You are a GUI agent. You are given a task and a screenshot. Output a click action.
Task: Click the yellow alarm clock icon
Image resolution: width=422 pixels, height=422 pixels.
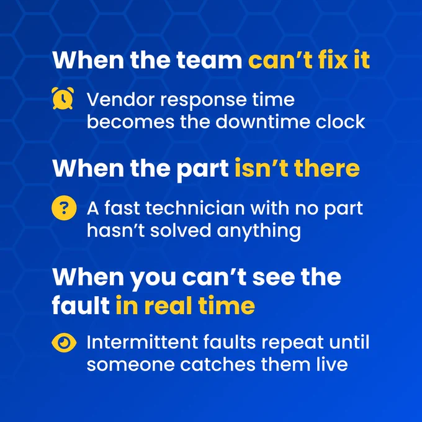point(63,98)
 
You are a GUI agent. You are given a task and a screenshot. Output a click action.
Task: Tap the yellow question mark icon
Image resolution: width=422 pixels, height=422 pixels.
point(64,208)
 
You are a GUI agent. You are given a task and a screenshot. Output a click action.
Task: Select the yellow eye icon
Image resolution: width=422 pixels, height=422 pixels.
point(64,343)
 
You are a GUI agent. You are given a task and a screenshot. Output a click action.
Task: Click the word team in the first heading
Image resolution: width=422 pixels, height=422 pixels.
point(209,60)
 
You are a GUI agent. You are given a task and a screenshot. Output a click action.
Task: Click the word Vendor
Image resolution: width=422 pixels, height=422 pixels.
point(121,99)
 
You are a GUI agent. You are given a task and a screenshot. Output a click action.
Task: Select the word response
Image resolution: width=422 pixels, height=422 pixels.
point(204,101)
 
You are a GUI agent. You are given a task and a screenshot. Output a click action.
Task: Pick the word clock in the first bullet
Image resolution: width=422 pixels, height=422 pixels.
point(341,122)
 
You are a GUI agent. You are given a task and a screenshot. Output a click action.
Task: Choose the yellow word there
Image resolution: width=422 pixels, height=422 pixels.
point(327,168)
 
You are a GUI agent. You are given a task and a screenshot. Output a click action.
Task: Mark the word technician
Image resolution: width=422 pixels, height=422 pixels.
point(195,208)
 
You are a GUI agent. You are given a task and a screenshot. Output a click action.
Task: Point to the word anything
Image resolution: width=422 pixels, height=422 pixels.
point(259,231)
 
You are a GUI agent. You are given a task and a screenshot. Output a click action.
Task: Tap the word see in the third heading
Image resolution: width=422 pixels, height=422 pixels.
point(274,277)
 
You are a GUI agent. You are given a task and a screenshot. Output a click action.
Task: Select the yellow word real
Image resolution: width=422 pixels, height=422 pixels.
point(168,306)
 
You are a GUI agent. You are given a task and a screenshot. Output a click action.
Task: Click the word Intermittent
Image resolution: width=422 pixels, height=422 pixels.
point(142,342)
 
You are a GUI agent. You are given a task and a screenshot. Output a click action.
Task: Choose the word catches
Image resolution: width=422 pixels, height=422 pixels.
point(217,365)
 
